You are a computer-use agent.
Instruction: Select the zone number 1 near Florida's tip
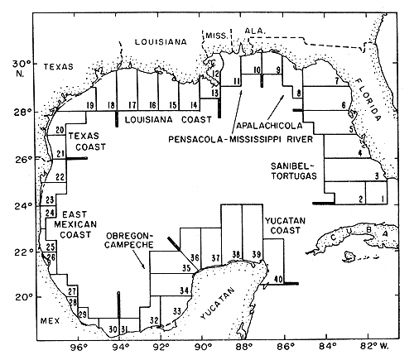click(383, 199)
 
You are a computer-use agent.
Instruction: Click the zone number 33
click(176, 310)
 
